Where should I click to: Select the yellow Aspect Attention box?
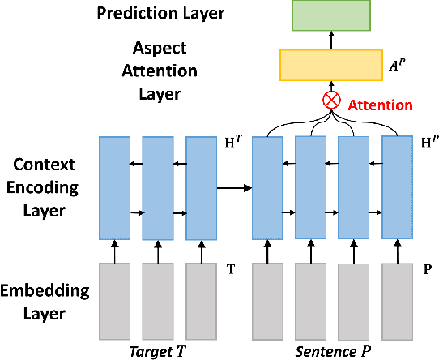coord(331,64)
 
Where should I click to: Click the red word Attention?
coord(379,105)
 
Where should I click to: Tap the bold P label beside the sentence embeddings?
coord(427,266)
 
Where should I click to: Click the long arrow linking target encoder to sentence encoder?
coord(234,190)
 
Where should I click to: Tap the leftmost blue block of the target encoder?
coord(116,187)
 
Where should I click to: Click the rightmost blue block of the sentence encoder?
coord(398,187)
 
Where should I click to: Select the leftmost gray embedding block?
coord(116,300)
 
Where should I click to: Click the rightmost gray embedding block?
coord(398,301)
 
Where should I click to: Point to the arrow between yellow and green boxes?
coord(331,41)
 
